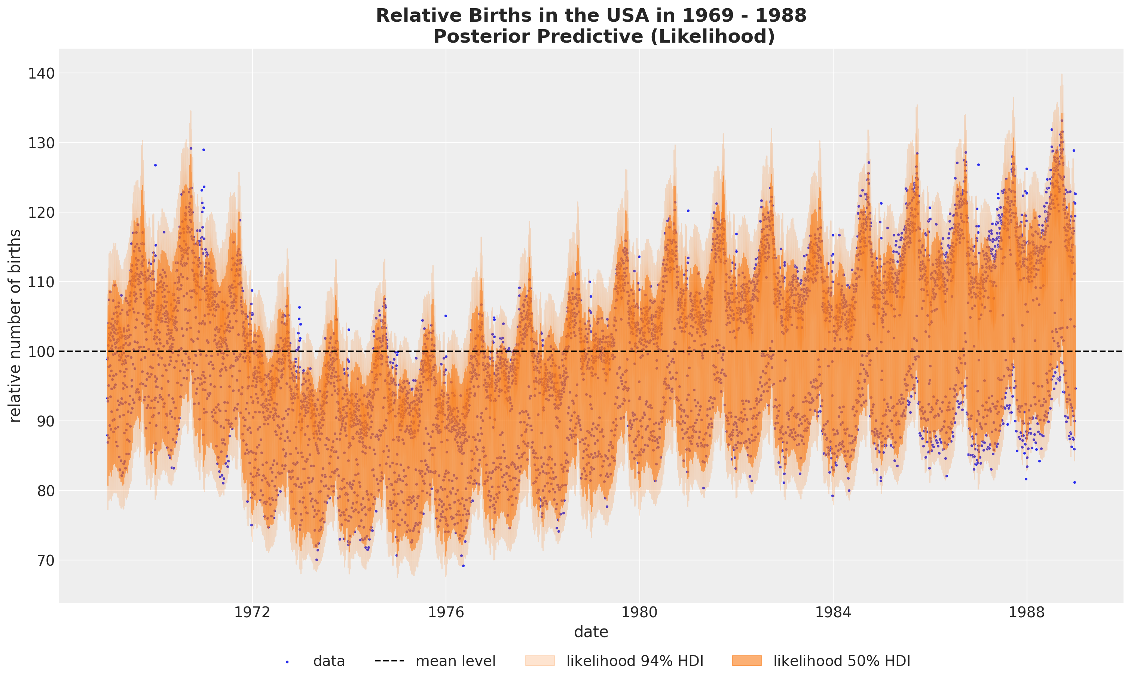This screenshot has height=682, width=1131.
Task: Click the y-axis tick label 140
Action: [x=41, y=73]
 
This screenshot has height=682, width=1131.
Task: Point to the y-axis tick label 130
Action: [x=41, y=143]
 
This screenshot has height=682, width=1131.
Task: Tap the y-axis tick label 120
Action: [x=41, y=212]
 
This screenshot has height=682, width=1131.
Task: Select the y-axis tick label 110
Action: [x=41, y=282]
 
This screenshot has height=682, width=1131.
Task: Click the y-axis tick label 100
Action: [x=41, y=352]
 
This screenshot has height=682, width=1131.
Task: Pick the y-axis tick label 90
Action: [x=45, y=421]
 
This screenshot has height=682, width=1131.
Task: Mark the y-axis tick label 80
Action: [x=45, y=491]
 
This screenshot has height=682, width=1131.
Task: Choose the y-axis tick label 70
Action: [x=45, y=561]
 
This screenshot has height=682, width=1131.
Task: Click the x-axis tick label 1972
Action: [x=252, y=612]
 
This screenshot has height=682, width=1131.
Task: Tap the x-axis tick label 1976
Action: [x=446, y=612]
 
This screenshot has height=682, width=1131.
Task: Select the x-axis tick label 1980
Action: [x=639, y=612]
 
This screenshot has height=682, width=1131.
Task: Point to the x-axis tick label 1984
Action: [x=833, y=612]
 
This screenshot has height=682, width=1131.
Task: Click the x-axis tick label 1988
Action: [x=1027, y=612]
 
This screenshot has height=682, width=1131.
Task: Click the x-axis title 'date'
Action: [x=591, y=632]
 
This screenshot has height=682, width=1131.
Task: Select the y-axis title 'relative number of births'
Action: [x=15, y=325]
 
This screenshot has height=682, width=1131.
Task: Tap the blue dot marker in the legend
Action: [x=287, y=662]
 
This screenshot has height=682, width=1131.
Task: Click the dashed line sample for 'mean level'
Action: [x=389, y=661]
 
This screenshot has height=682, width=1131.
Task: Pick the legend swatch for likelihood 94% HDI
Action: [x=540, y=661]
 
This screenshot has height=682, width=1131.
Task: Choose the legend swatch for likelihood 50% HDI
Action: [x=747, y=661]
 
